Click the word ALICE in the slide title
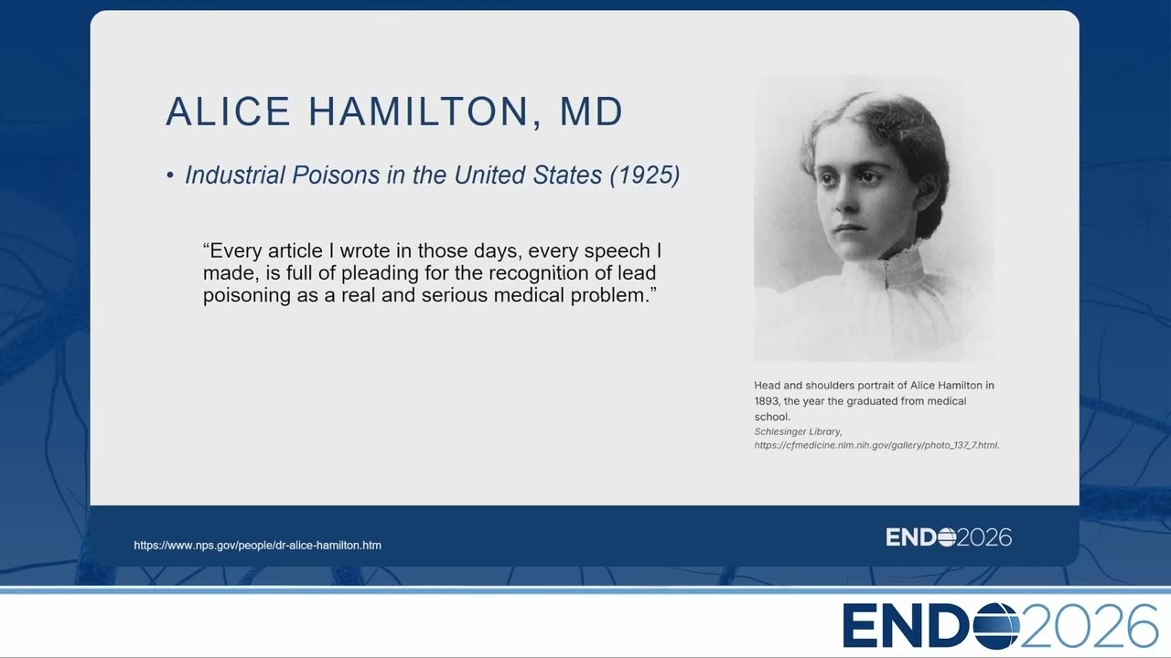228,111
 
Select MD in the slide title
591,111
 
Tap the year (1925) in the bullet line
645,175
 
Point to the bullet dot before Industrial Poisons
170,175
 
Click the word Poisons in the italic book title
336,175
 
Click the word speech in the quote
617,251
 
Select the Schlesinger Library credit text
798,432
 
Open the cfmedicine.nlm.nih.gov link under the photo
876,445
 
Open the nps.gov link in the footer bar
257,546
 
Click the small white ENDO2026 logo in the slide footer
949,537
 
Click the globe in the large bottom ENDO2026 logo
996,626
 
